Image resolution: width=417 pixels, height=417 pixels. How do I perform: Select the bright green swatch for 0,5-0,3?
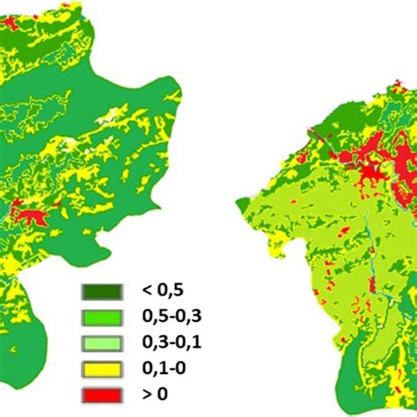(x=99, y=315)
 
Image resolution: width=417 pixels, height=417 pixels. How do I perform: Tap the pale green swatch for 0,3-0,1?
(x=99, y=339)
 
